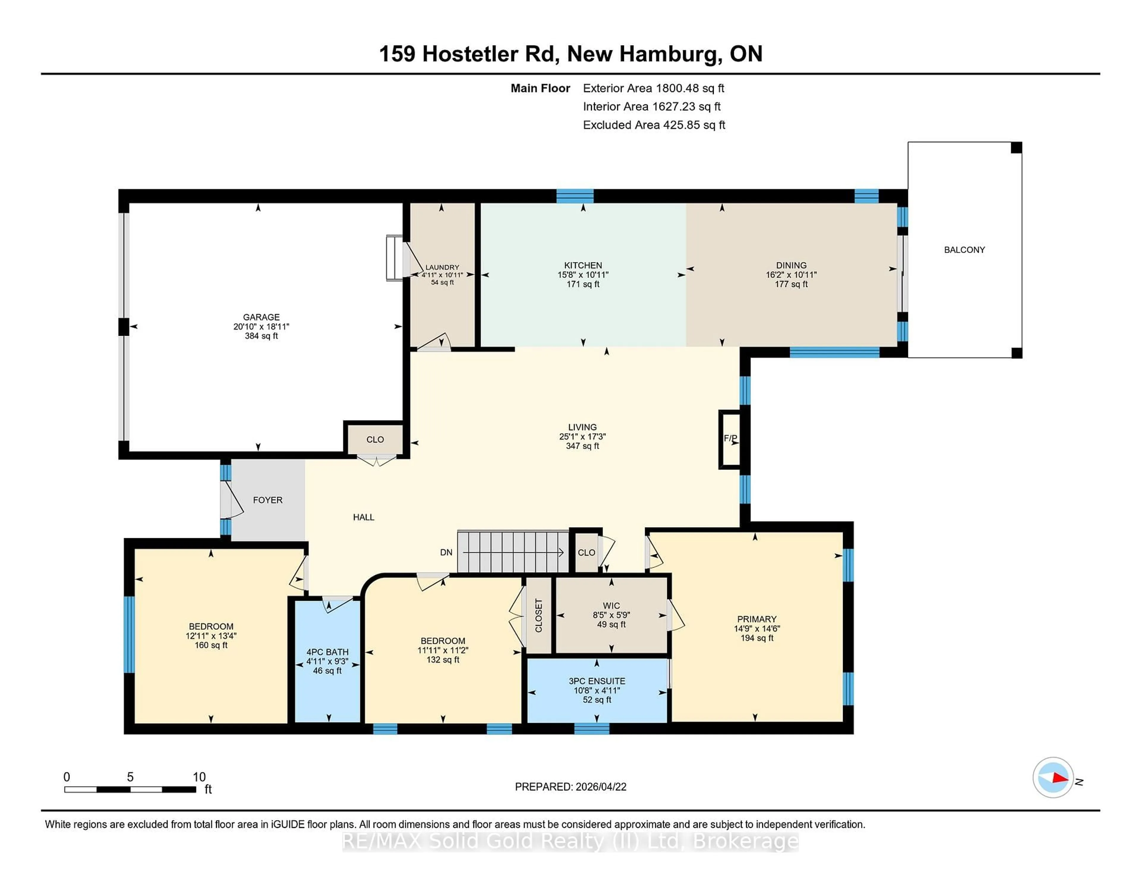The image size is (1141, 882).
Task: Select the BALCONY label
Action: (964, 250)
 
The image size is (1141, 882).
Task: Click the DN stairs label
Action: (446, 552)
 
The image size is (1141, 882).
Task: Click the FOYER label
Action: (267, 500)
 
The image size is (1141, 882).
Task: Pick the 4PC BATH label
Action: (327, 652)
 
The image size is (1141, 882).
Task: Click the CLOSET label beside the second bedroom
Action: (539, 615)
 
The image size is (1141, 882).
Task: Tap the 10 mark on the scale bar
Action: (199, 777)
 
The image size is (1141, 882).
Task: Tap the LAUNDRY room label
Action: (442, 267)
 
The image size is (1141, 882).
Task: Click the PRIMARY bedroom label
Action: (757, 619)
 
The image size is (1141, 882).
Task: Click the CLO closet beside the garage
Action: (375, 440)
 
